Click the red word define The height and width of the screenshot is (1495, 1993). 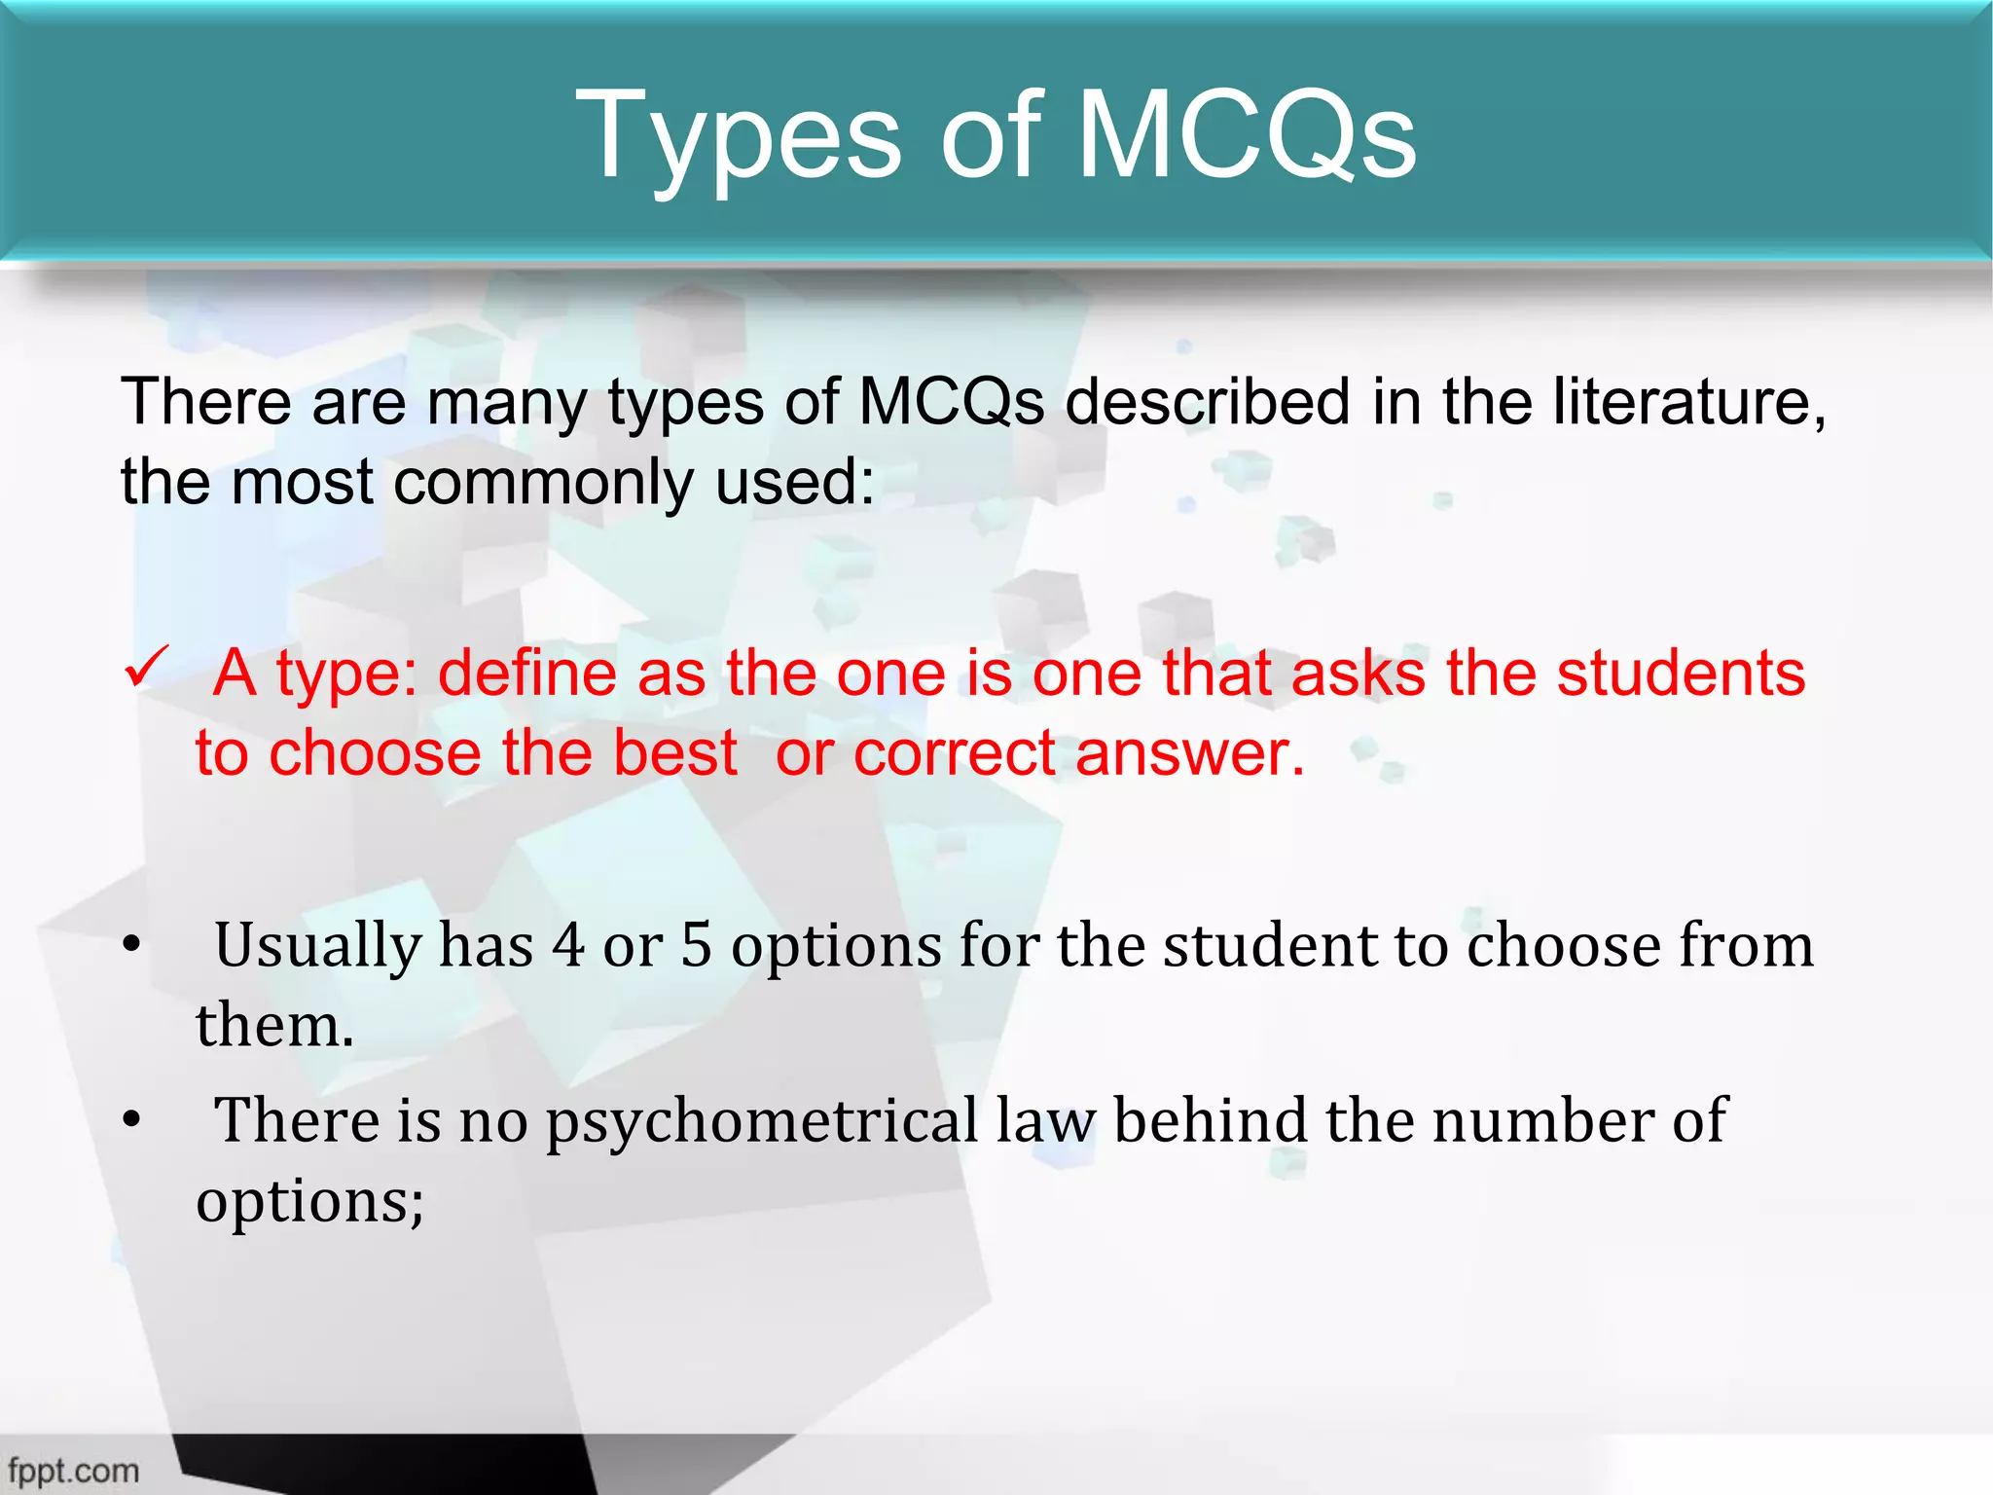526,674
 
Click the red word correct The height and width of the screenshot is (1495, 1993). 955,753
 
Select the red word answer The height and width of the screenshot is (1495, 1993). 1189,753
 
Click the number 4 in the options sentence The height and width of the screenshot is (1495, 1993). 568,945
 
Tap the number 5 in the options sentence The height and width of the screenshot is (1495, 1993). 696,945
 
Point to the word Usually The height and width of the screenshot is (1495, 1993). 318,947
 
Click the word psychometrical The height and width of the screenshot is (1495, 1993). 762,1122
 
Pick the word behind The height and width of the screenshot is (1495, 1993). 1211,1120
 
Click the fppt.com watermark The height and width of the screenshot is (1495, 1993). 73,1471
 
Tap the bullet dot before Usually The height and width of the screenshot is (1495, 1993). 132,945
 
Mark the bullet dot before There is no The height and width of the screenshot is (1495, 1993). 132,1120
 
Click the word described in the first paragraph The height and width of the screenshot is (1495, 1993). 1208,401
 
